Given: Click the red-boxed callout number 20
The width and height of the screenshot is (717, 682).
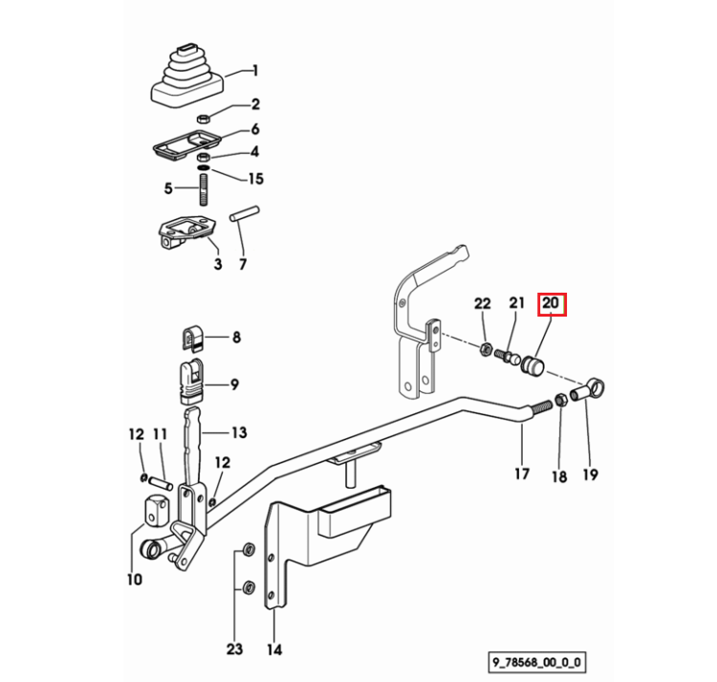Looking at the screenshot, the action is (x=551, y=303).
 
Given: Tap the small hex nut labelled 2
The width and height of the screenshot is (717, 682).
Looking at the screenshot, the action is (x=203, y=119).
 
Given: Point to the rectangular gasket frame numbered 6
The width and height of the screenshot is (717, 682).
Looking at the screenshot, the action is (x=186, y=144).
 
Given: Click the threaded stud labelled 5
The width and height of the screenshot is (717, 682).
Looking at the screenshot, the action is (x=204, y=188).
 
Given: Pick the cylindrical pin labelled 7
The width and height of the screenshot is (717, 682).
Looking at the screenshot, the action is (x=245, y=213).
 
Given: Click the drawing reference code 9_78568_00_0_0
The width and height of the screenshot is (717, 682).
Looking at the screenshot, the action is (x=537, y=662).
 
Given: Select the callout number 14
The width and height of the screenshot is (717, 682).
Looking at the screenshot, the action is (x=274, y=649).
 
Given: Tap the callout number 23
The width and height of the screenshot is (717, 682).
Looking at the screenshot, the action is (x=234, y=649).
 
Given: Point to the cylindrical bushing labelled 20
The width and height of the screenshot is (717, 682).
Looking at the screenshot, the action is (x=532, y=365).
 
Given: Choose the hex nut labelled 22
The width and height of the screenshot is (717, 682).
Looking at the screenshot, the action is (x=486, y=350).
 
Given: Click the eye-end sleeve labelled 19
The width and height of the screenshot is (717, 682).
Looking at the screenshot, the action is (x=588, y=389).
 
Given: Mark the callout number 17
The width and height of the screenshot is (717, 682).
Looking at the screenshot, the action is (x=522, y=473).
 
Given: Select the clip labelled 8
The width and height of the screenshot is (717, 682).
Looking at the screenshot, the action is (x=192, y=340).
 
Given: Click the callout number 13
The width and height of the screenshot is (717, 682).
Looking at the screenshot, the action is (x=239, y=432).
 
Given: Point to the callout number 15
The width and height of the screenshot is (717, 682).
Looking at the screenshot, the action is (x=256, y=178).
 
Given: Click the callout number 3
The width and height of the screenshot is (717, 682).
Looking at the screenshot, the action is (x=218, y=264).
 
